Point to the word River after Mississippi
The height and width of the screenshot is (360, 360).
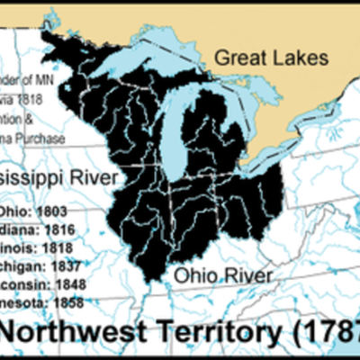point(89,178)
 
